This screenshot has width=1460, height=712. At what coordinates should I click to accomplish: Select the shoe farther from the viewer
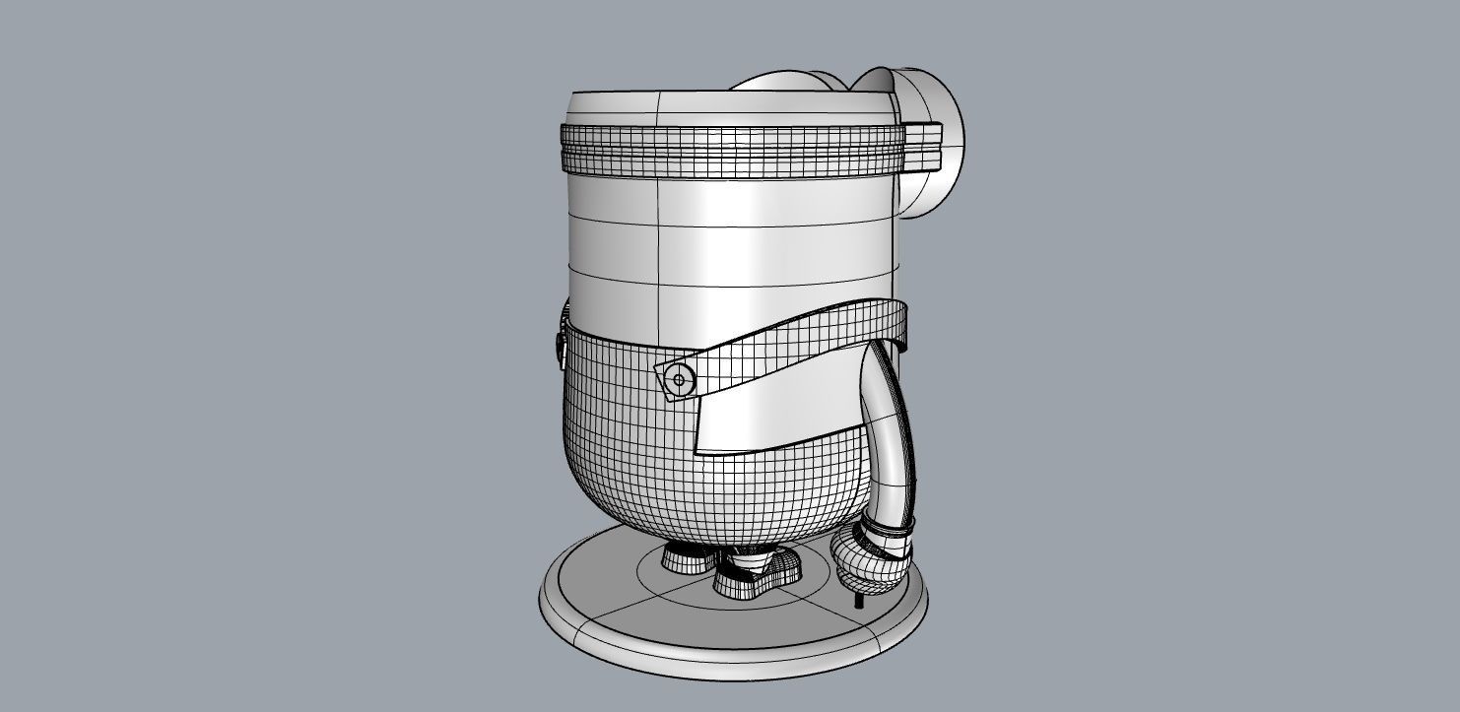click(687, 559)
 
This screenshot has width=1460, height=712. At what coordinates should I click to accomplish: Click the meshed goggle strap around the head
click(729, 148)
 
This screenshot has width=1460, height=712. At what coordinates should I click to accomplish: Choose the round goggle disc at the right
click(941, 143)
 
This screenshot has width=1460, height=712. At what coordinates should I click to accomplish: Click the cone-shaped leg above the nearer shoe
click(751, 557)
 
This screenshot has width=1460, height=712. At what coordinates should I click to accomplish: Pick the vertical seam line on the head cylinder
click(658, 236)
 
